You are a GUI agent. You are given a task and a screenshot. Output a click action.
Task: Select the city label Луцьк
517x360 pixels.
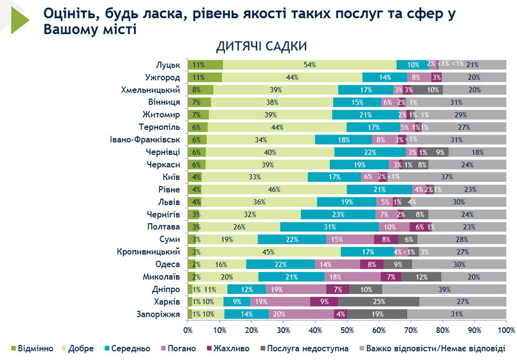[168, 65]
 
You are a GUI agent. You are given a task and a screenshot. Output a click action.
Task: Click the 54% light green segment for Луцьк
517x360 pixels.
[309, 65]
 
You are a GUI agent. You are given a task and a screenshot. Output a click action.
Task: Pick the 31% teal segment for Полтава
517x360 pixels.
[330, 226]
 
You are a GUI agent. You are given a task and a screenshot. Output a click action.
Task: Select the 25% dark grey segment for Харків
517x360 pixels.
[379, 301]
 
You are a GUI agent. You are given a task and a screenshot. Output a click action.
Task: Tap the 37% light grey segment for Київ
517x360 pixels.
[448, 177]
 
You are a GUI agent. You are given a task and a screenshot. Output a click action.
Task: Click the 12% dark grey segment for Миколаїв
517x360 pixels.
[421, 276]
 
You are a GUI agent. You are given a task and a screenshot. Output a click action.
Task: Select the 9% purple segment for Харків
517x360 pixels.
[324, 301]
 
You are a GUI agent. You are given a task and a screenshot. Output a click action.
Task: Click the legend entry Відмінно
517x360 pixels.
[36, 348]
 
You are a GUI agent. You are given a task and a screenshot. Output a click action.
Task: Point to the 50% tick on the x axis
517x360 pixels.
[347, 330]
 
